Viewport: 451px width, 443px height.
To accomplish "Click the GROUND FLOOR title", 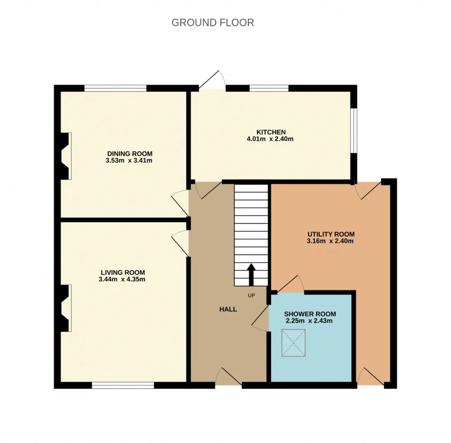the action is [x=212, y=23].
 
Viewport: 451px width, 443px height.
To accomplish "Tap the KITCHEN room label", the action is [x=271, y=132].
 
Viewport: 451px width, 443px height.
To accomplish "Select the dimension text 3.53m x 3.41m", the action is [x=129, y=160].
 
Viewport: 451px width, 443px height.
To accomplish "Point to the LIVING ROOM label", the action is [x=123, y=272].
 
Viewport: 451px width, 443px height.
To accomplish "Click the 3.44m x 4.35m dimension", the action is [x=122, y=279].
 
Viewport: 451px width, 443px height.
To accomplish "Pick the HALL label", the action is [x=228, y=309].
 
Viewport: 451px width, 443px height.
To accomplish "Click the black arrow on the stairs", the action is [x=251, y=275].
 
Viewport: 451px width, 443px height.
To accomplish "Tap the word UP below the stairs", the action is [x=251, y=295].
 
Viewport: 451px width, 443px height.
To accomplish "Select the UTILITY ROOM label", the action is [x=331, y=234].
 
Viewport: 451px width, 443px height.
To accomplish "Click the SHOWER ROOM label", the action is [x=310, y=314].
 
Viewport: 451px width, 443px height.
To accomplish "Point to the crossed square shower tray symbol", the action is [x=294, y=343].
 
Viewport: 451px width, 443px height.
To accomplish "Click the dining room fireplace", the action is [x=63, y=156].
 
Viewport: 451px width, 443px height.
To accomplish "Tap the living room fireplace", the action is [x=63, y=308].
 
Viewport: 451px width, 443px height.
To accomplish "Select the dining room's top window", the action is [x=115, y=88].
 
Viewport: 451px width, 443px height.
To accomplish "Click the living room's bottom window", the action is [x=123, y=385].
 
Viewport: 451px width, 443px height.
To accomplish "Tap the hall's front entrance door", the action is [x=228, y=377].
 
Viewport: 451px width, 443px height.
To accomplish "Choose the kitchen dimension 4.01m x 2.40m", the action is [x=270, y=139].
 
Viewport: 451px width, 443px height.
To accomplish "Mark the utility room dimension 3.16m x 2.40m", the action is [x=330, y=241].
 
